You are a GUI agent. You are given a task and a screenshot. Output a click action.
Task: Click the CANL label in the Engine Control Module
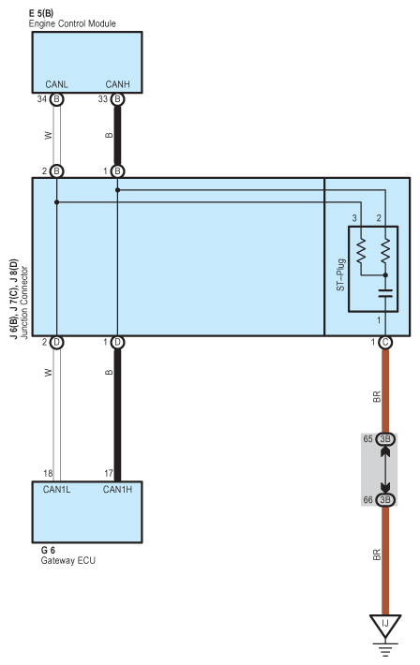(x=56, y=84)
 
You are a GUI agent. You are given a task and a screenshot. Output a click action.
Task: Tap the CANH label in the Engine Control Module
(x=117, y=84)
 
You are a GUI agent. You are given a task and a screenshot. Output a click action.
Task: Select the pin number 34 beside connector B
(x=41, y=99)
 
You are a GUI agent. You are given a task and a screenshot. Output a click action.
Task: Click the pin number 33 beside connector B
(x=103, y=99)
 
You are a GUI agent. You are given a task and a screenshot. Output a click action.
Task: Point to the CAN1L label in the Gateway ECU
(x=56, y=490)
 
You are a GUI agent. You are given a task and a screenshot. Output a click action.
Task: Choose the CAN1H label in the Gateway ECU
(x=117, y=490)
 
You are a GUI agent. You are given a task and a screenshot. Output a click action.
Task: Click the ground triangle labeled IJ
(x=385, y=626)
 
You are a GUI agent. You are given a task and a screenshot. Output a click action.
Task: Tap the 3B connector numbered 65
(x=385, y=439)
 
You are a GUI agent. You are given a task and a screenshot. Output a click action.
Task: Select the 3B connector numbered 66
(x=385, y=499)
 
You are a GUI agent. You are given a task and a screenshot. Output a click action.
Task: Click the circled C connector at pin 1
(x=385, y=342)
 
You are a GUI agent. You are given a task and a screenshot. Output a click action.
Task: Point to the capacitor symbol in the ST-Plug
(x=385, y=293)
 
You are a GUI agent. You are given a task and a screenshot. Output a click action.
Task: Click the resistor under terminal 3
(x=361, y=251)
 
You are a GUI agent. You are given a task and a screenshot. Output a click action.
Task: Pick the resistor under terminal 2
(x=385, y=251)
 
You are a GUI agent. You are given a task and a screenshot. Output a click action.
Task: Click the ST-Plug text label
(x=340, y=274)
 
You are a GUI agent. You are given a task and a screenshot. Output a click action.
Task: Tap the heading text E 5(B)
(x=41, y=13)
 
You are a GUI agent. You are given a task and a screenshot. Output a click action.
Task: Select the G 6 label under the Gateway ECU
(x=48, y=550)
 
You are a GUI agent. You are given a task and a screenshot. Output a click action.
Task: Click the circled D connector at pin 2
(x=56, y=342)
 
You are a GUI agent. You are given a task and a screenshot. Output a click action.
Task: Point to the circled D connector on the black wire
(x=117, y=342)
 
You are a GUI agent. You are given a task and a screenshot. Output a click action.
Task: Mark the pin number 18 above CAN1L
(x=48, y=473)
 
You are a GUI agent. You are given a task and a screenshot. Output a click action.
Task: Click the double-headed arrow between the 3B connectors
(x=385, y=469)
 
